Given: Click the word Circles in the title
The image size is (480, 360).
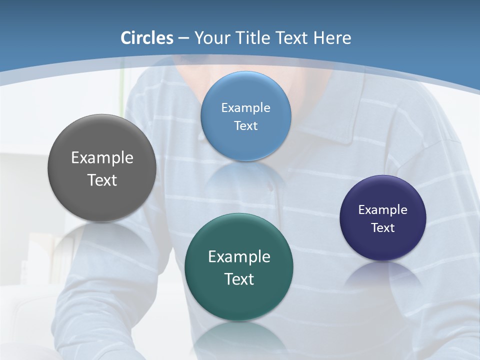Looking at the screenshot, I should click(147, 38).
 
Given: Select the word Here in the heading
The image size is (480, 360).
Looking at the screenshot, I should click(332, 38).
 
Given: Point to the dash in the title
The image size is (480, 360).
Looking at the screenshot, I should click(183, 38).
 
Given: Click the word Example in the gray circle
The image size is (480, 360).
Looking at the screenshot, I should click(102, 158).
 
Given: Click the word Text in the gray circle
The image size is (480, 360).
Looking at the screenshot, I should click(102, 180).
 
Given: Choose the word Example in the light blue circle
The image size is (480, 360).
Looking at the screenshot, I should click(245, 107).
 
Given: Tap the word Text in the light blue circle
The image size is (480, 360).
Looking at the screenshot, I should click(245, 125).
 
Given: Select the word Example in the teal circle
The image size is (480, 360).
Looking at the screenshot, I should click(239, 257).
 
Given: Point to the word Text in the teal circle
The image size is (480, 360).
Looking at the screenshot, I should click(239, 279).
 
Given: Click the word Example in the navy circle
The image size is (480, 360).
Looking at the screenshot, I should click(382, 210).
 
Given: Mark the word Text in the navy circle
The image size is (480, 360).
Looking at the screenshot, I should click(382, 228).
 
